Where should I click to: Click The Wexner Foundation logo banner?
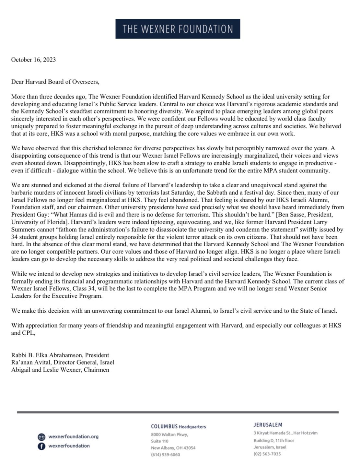tap(178, 29)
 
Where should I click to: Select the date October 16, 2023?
tap(33, 60)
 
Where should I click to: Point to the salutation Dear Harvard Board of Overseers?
tap(55, 82)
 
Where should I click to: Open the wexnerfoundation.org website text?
tap(73, 436)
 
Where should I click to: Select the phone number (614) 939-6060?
tap(165, 455)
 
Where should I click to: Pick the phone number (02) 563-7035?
tap(267, 454)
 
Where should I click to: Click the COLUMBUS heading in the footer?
tap(164, 426)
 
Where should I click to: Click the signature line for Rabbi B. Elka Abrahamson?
tap(60, 355)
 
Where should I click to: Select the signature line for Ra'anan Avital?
tap(63, 362)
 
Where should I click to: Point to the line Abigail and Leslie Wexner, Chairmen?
tap(60, 370)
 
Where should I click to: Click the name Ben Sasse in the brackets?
tap(292, 214)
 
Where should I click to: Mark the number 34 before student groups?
tap(15, 237)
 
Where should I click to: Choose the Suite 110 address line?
tap(159, 441)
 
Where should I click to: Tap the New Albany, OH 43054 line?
tap(173, 448)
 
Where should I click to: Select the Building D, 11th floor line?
tap(274, 440)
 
